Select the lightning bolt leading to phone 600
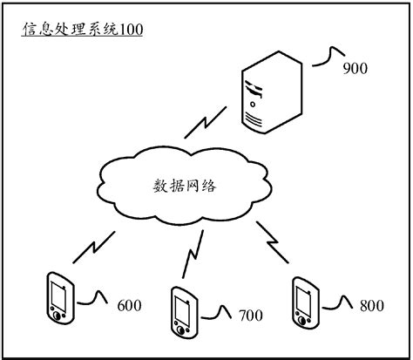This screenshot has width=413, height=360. tap(93, 247)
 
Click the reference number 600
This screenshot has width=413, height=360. tap(129, 306)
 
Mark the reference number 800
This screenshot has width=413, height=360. tap(371, 305)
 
